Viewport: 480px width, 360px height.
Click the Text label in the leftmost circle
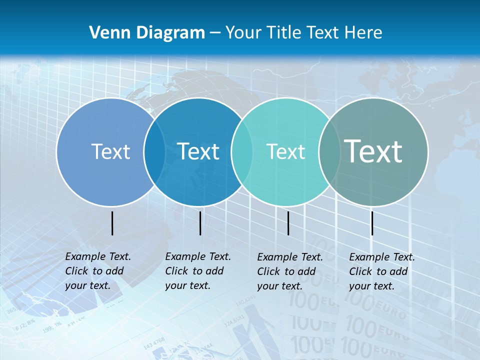tap(110, 151)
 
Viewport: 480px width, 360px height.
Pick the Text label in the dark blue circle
tap(198, 151)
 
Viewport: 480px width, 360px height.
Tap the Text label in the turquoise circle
tap(285, 151)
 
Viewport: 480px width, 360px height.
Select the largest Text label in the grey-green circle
tap(373, 151)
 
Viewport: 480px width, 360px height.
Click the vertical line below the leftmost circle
tap(112, 223)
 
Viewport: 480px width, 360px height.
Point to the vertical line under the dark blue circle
tap(200, 223)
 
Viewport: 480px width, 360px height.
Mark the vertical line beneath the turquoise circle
tap(288, 223)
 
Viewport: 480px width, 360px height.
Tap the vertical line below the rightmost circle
tap(372, 223)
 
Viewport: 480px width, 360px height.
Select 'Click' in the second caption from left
tap(176, 271)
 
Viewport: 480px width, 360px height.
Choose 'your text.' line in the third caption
tap(279, 286)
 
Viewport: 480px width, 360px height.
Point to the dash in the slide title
tap(215, 33)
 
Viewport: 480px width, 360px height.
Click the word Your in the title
tap(243, 33)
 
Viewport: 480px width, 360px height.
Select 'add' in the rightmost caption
tap(398, 271)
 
